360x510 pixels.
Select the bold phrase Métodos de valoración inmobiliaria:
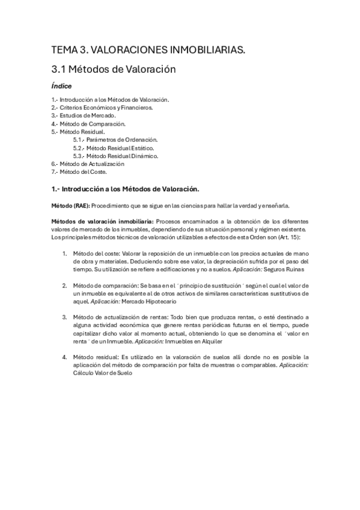click(x=103, y=221)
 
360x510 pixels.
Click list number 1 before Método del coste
click(x=64, y=254)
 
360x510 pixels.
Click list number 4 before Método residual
click(x=64, y=357)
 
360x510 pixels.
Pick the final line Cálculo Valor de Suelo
click(x=102, y=372)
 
